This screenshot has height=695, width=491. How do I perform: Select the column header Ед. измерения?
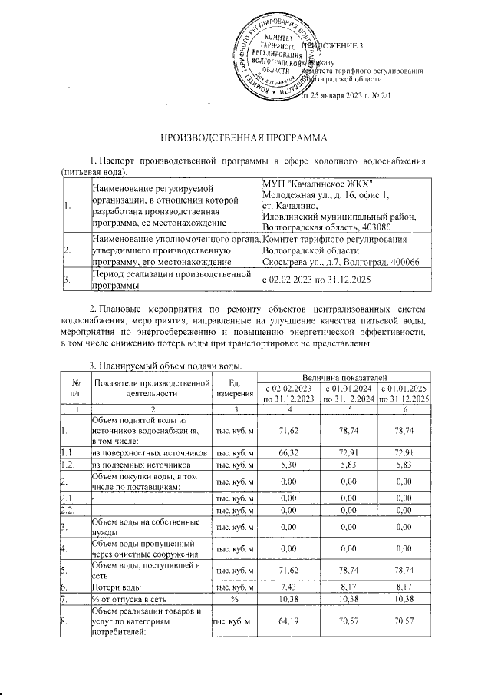(x=236, y=388)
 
